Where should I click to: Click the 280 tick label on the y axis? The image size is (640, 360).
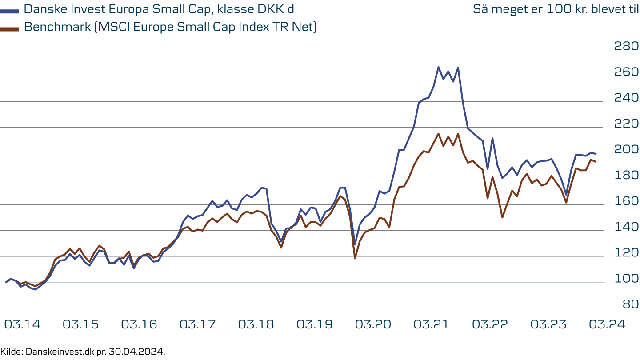pyautogui.click(x=626, y=46)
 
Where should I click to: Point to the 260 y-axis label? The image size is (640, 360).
pyautogui.click(x=626, y=72)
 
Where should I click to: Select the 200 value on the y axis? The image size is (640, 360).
pyautogui.click(x=626, y=149)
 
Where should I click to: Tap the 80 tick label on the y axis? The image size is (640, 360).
pyautogui.click(x=630, y=304)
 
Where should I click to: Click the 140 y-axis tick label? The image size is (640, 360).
pyautogui.click(x=626, y=227)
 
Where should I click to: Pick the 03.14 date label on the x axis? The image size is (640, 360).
pyautogui.click(x=22, y=324)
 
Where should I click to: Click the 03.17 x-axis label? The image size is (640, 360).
pyautogui.click(x=198, y=324)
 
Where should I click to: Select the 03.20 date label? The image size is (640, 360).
pyautogui.click(x=373, y=324)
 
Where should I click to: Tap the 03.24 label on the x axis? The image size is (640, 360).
pyautogui.click(x=607, y=324)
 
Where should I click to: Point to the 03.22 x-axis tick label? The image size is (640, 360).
pyautogui.click(x=490, y=324)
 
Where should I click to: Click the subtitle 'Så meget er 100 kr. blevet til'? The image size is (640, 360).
pyautogui.click(x=556, y=9)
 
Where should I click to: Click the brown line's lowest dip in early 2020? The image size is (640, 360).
pyautogui.click(x=355, y=258)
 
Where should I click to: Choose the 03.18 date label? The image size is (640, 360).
pyautogui.click(x=256, y=324)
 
